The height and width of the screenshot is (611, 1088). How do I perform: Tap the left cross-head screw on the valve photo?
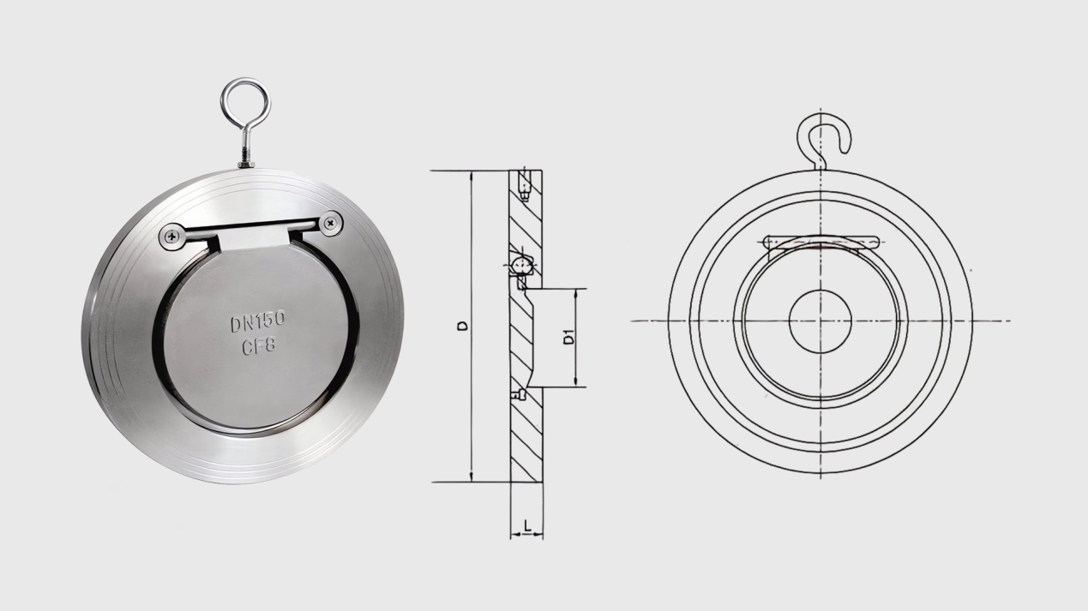172,237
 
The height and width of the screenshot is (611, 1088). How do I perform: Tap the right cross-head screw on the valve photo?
331,224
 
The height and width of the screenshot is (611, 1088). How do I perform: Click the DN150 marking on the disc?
257,322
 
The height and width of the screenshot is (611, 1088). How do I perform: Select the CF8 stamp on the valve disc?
259,346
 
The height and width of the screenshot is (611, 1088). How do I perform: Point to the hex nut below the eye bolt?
246,165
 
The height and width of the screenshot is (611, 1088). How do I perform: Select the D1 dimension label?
568,337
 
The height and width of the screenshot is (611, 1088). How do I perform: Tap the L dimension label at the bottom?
528,524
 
